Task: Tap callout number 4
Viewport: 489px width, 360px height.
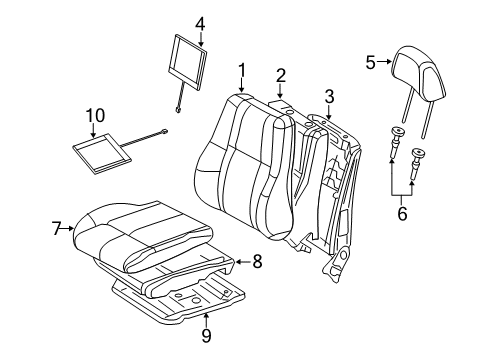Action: (x=199, y=22)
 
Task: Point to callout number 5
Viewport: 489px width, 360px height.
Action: (x=370, y=62)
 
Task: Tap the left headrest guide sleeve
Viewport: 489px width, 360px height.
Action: (x=397, y=139)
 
